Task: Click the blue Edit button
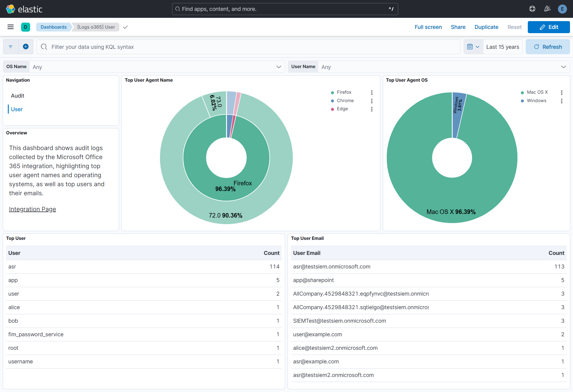click(548, 27)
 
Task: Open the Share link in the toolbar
click(458, 27)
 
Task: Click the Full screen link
click(428, 27)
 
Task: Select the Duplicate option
click(486, 27)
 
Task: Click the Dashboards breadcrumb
click(54, 27)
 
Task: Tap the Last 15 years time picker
click(502, 47)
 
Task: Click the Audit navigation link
click(17, 96)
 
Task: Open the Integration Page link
click(33, 209)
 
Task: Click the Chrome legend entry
click(345, 101)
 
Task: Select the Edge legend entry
click(342, 109)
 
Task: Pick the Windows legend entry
click(536, 101)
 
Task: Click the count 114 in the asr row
click(274, 267)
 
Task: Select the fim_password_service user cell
click(36, 334)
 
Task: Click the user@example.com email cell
click(317, 334)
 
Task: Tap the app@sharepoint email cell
click(313, 280)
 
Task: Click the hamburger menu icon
click(11, 27)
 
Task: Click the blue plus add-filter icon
click(26, 47)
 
